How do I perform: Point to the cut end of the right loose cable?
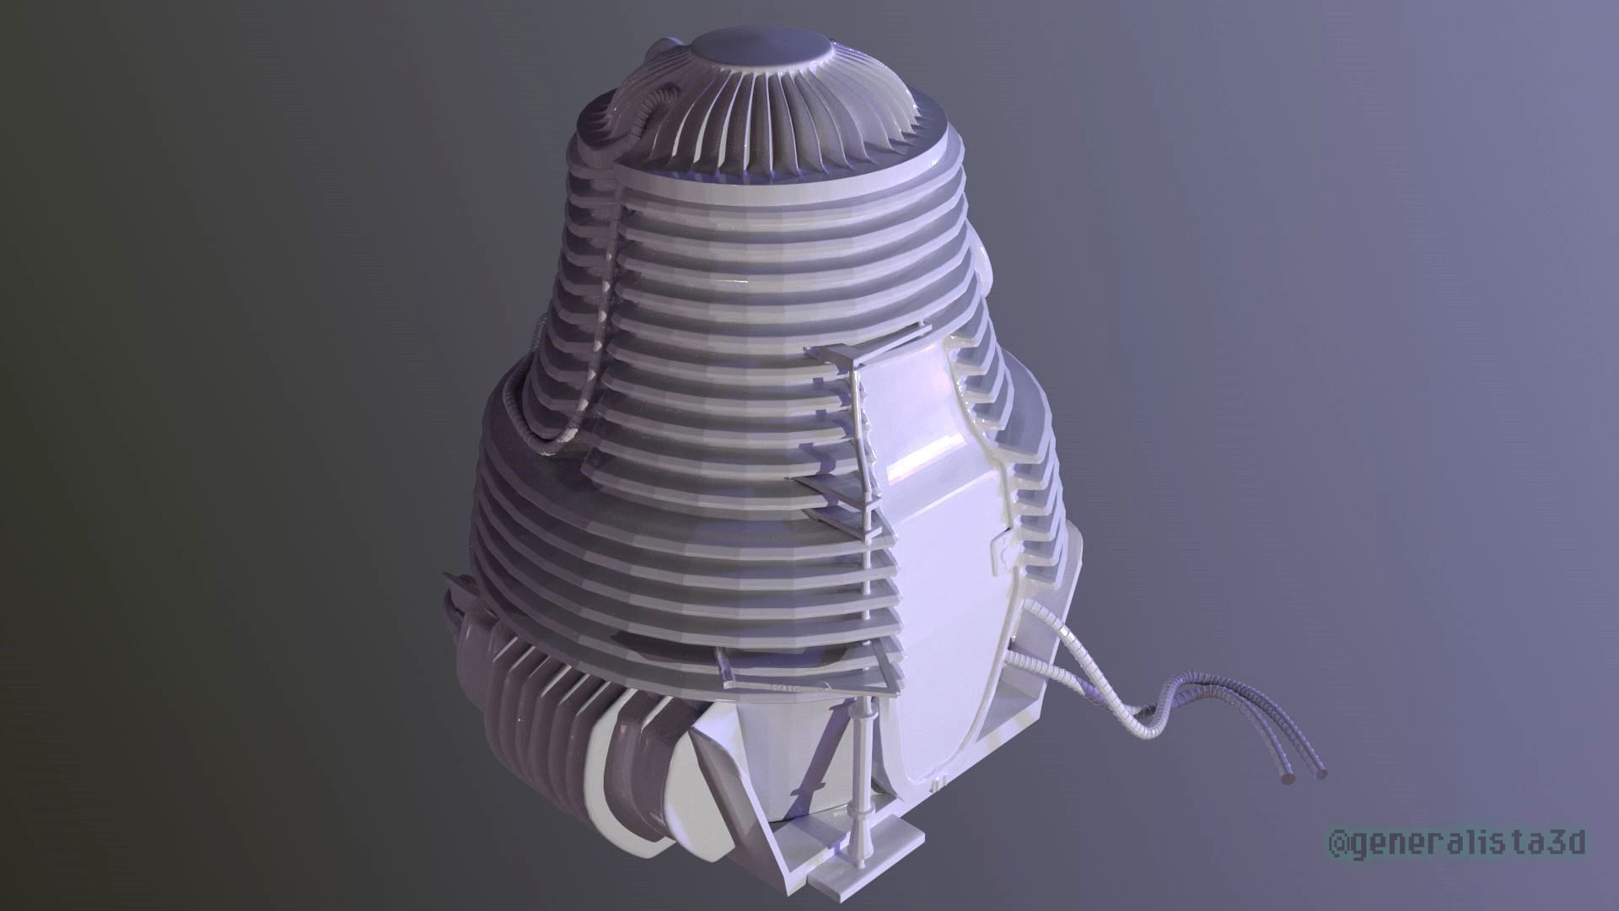(1319, 772)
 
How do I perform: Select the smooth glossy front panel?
(928, 540)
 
